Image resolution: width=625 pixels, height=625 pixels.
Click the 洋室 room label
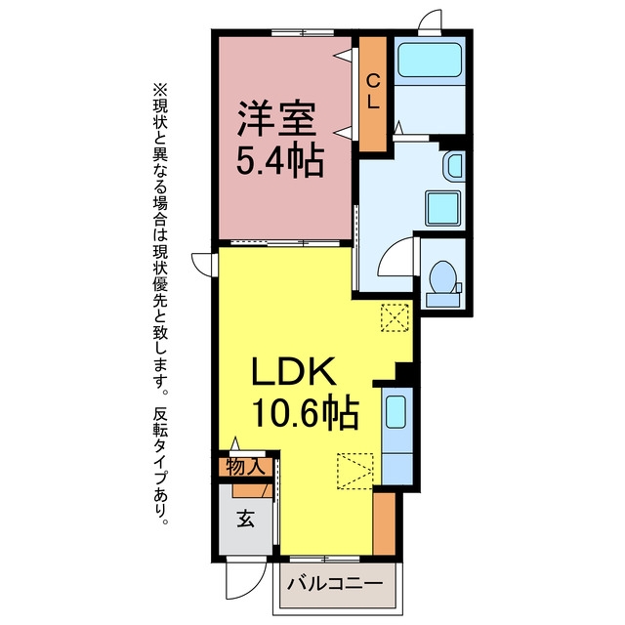[276, 118]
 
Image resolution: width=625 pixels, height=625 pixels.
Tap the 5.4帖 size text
[279, 161]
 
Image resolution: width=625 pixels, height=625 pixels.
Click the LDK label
[293, 371]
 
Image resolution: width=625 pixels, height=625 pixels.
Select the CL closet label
[373, 93]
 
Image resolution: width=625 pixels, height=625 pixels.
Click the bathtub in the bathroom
[430, 60]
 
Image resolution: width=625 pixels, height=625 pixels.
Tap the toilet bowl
[442, 276]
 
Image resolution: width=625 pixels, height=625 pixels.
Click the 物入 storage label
[245, 467]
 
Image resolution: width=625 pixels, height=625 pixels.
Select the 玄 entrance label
[245, 518]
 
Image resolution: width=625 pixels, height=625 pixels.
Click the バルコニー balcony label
[335, 584]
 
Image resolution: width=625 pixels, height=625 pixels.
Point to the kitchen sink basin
[396, 412]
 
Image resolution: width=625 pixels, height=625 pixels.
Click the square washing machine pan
[442, 208]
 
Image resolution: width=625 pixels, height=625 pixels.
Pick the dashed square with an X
[395, 317]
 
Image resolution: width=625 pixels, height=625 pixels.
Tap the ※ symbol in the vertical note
[160, 90]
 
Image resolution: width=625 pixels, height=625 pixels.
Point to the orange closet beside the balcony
[384, 523]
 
